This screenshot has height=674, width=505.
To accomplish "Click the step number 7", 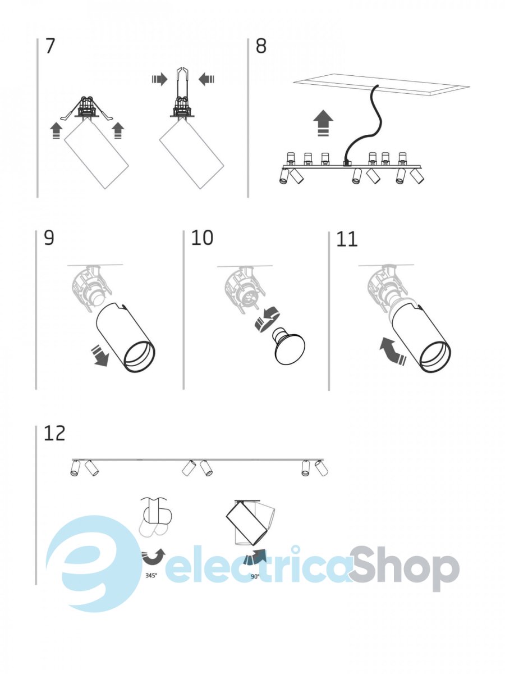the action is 50,46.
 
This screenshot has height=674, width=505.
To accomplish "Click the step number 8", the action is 261,47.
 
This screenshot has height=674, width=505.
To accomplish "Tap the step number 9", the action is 49,238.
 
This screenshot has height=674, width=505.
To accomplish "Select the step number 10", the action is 202,238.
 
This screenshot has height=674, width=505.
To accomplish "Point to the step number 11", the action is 347,239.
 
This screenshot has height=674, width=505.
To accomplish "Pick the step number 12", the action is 54,433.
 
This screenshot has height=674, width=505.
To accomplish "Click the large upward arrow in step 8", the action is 323,123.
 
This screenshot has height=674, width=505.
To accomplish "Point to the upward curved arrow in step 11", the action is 392,350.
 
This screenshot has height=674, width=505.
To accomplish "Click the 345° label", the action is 151,575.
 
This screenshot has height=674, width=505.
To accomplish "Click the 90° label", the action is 255,576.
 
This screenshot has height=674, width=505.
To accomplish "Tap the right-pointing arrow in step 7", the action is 160,80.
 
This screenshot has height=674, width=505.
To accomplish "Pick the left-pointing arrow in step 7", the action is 206,80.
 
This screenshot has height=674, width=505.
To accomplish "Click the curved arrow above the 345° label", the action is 153,557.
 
